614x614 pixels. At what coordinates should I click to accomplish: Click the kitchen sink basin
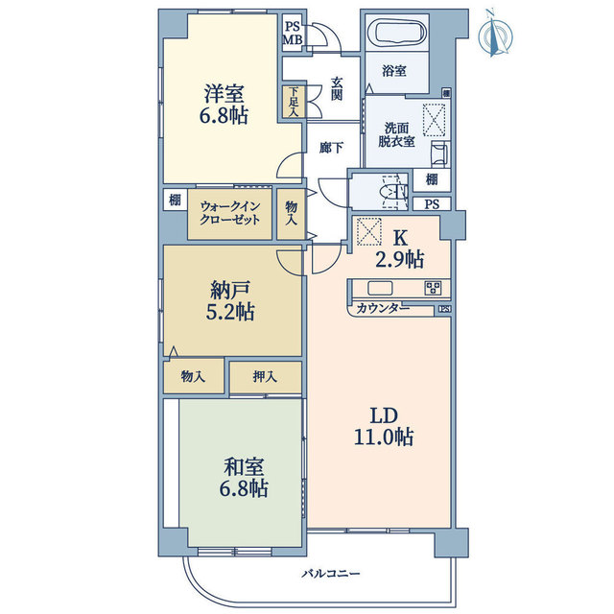click(x=380, y=288)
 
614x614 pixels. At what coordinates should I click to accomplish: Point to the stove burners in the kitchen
click(x=434, y=288)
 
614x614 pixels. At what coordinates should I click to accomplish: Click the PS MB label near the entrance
click(x=292, y=33)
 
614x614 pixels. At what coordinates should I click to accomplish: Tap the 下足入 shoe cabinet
click(x=294, y=102)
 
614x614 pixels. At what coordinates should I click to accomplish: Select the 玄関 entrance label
click(x=337, y=89)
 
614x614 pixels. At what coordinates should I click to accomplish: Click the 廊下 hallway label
click(x=331, y=148)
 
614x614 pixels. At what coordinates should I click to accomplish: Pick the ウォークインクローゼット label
click(x=230, y=213)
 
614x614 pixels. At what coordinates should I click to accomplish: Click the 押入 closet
click(x=266, y=377)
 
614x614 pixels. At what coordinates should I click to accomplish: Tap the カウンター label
click(x=383, y=309)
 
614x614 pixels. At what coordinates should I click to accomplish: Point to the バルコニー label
click(x=330, y=574)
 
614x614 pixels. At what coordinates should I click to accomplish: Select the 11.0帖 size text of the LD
click(x=384, y=437)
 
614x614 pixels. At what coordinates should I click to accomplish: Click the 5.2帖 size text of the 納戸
click(x=230, y=312)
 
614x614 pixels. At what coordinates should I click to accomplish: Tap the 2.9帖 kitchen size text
click(x=400, y=259)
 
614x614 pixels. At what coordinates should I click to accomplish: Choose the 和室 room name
click(x=244, y=467)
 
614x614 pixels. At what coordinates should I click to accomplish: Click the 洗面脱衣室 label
click(x=396, y=134)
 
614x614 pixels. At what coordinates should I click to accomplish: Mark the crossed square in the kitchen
click(x=368, y=231)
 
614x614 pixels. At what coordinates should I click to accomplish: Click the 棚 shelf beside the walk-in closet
click(x=175, y=200)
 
